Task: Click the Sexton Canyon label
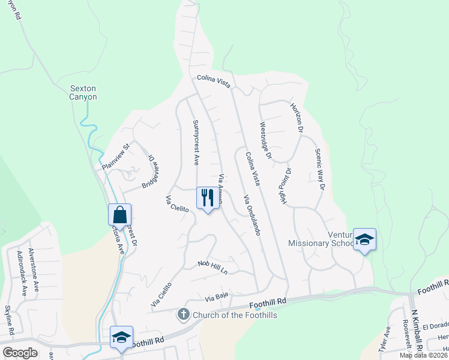click(83, 92)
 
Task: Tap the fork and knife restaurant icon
click(205, 198)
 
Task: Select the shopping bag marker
click(119, 215)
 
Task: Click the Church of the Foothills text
click(229, 314)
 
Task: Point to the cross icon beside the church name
click(183, 314)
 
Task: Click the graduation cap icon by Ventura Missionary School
click(364, 239)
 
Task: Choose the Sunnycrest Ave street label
click(196, 142)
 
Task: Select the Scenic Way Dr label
click(319, 170)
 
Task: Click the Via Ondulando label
click(252, 214)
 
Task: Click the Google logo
click(20, 353)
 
